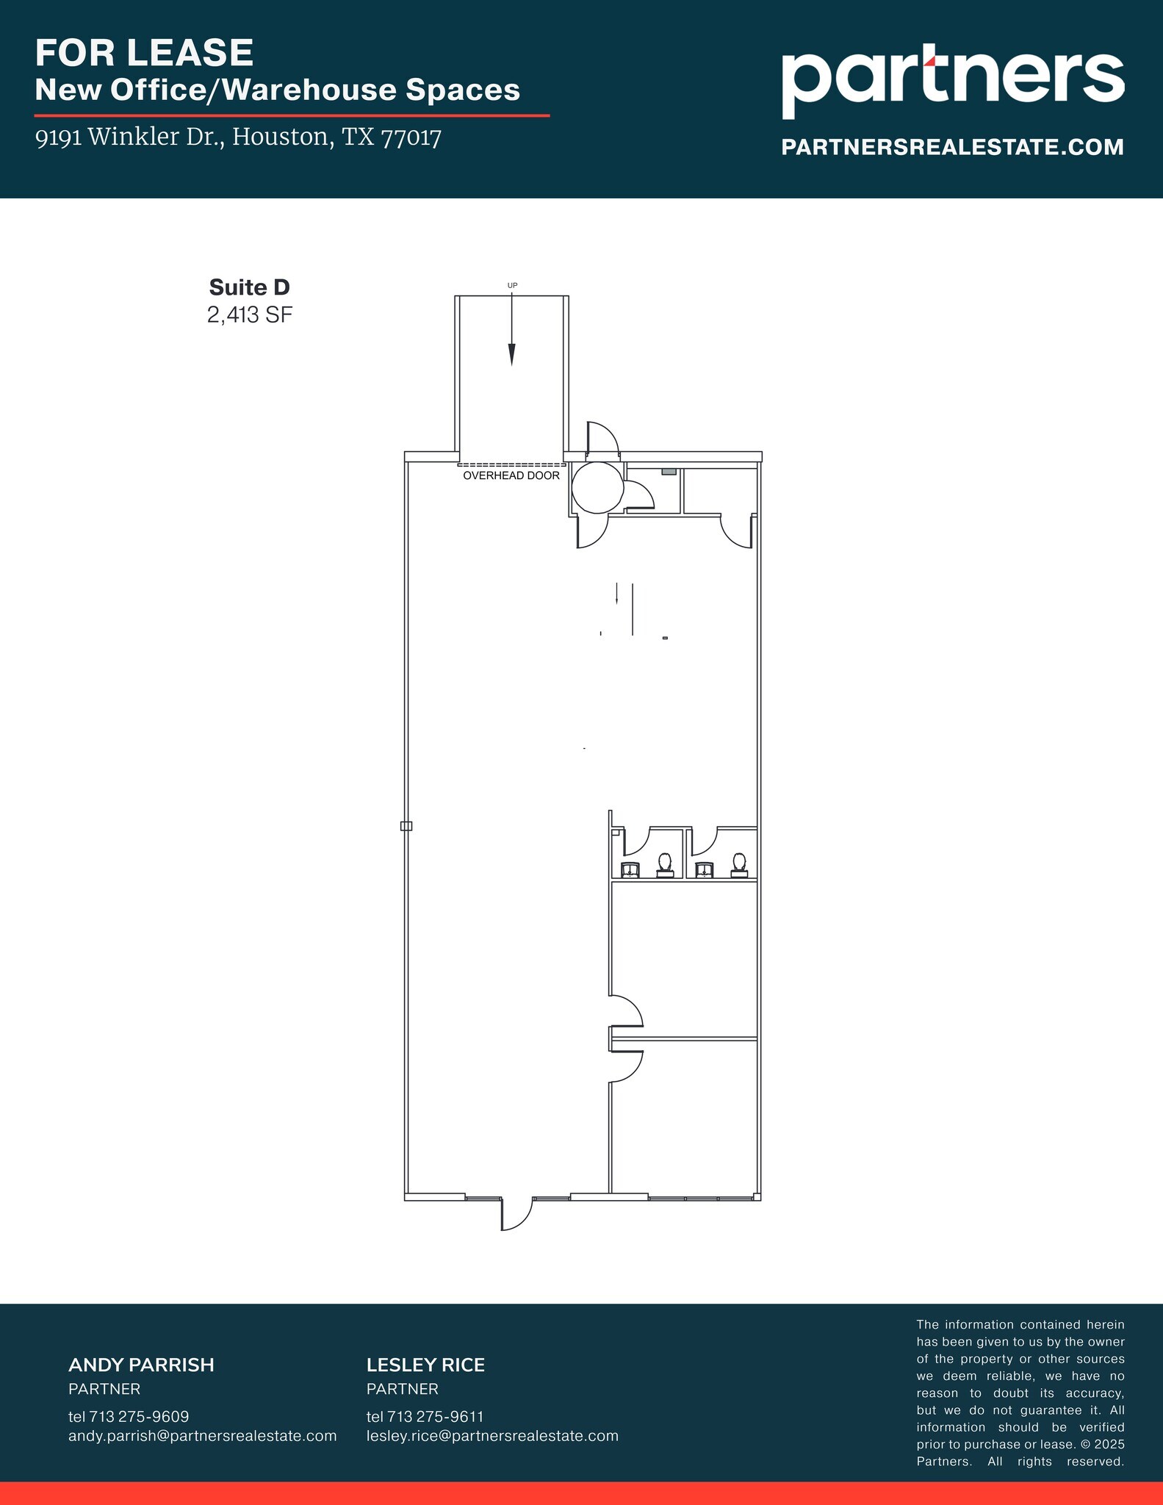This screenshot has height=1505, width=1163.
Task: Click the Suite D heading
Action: pos(249,287)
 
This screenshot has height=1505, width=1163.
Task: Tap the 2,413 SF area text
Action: pos(250,315)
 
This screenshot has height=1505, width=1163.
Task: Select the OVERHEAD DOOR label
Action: pos(511,476)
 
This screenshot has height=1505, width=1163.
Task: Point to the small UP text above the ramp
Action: pos(512,285)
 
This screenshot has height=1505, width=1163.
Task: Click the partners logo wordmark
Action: pos(952,82)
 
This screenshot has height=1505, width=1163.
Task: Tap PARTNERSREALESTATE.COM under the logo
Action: pos(952,147)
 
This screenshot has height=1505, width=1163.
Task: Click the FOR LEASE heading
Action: pos(145,53)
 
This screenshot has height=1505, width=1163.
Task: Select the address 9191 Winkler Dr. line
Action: pos(238,137)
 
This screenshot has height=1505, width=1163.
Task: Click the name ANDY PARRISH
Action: pos(141,1365)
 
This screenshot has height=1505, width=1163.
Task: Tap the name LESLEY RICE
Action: pos(425,1365)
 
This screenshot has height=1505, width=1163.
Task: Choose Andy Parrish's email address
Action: pos(202,1435)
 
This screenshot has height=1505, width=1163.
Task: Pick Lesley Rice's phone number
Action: pos(425,1416)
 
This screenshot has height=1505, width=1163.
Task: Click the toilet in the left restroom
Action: pos(665,864)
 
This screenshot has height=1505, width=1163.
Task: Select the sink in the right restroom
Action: pos(705,871)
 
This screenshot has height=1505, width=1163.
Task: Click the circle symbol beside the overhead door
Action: pos(597,487)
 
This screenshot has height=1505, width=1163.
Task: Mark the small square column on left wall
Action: pos(406,826)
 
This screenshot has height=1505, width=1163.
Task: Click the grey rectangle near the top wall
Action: pos(669,471)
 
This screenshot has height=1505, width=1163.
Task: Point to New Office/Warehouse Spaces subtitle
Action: pos(278,90)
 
